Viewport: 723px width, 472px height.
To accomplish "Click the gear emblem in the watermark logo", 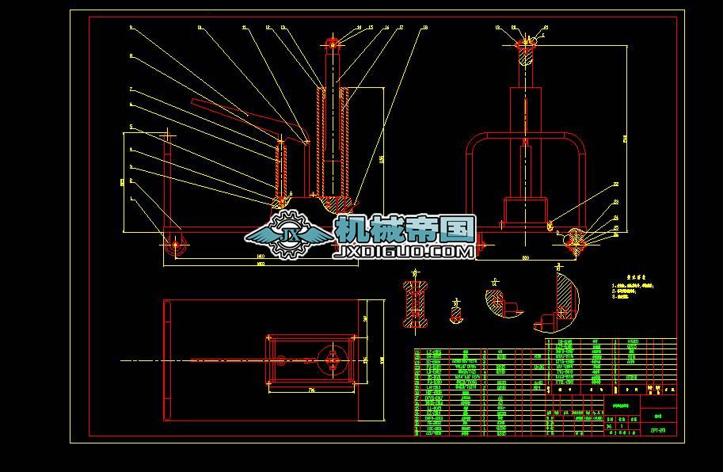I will tap(288, 234).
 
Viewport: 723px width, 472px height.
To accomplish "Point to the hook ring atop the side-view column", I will tap(333, 40).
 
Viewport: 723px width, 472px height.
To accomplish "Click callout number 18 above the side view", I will tap(424, 28).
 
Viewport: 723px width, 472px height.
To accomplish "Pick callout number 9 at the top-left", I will tap(131, 28).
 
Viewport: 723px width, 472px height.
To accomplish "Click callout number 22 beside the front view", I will tap(615, 185).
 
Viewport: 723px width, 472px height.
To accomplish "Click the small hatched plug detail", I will tap(456, 313).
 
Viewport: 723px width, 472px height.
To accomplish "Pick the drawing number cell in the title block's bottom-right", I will tap(657, 431).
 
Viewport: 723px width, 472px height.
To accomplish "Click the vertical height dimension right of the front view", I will tap(626, 139).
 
